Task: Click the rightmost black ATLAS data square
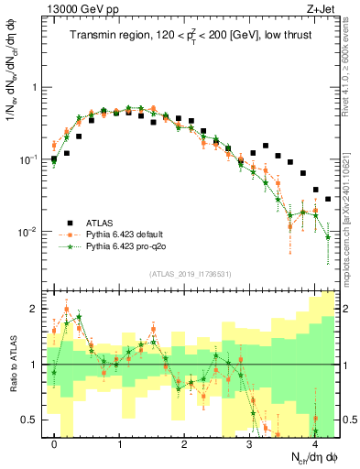point(328,199)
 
